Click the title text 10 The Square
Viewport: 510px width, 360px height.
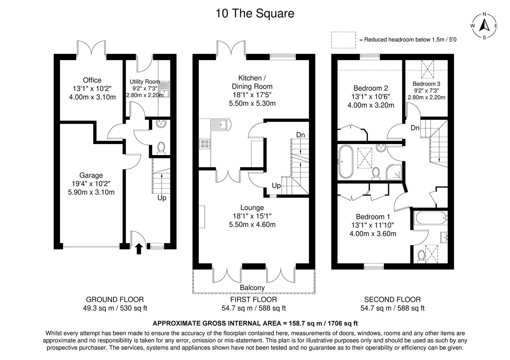point(255,13)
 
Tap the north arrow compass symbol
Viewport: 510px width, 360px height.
point(484,26)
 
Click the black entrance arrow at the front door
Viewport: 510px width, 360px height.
point(139,249)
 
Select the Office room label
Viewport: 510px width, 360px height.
point(92,80)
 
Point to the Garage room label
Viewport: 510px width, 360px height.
point(91,175)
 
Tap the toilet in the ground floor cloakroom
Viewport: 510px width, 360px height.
point(161,148)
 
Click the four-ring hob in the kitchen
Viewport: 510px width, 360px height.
point(205,144)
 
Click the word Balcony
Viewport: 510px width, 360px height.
point(252,288)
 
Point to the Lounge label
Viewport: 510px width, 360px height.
point(252,208)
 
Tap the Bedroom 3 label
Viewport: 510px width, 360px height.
point(426,84)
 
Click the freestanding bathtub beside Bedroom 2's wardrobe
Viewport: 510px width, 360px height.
point(346,162)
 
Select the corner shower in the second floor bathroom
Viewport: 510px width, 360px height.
point(394,172)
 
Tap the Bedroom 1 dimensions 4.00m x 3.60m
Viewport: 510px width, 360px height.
point(373,234)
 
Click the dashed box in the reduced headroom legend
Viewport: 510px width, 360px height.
point(343,40)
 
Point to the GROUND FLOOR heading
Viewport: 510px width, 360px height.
point(115,299)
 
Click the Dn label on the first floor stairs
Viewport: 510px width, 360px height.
point(301,135)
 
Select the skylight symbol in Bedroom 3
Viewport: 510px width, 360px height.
point(427,69)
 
